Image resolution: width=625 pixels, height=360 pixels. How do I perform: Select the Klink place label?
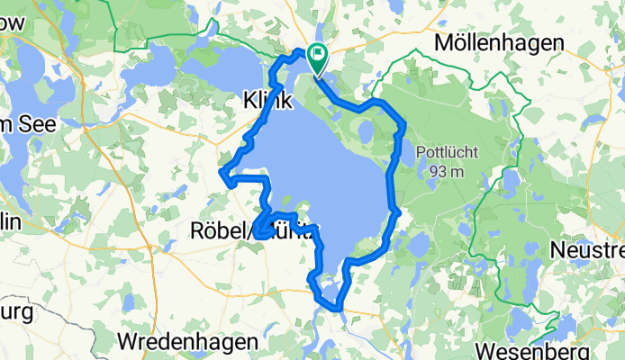pyautogui.click(x=267, y=102)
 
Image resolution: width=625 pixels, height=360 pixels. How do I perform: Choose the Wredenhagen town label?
pyautogui.click(x=188, y=342)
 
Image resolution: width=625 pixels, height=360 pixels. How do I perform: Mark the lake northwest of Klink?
pyautogui.click(x=221, y=67)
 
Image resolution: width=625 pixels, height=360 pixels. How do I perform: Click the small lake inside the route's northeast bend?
pyautogui.click(x=366, y=132)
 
